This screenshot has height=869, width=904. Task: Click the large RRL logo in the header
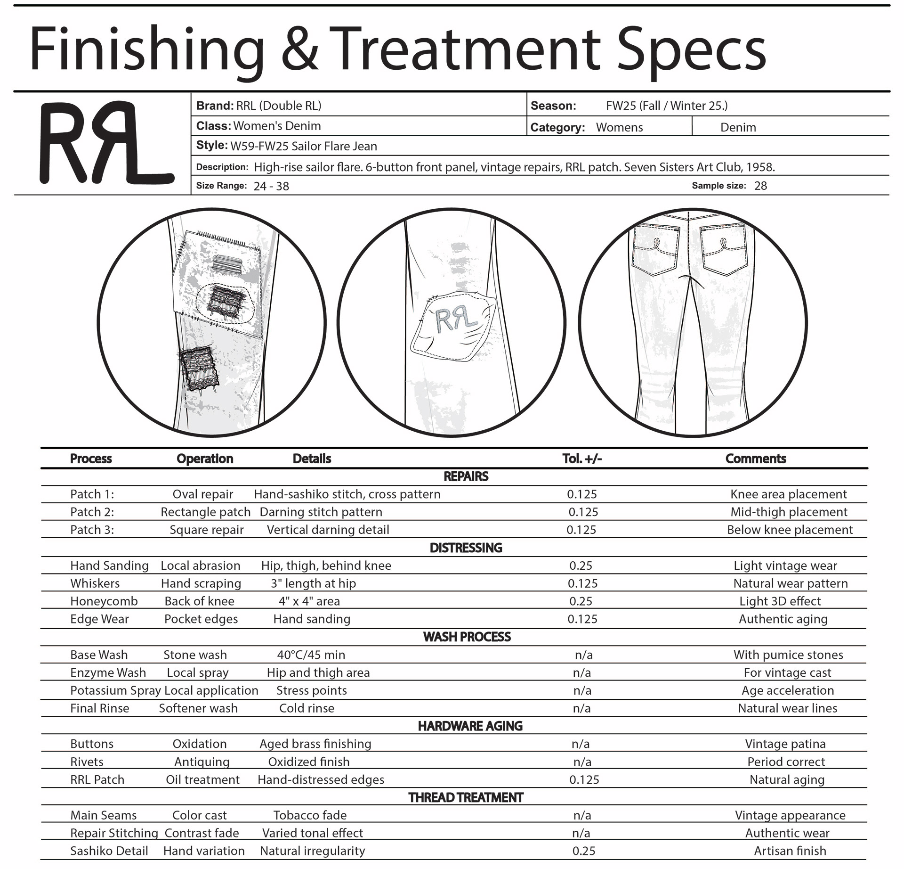106,143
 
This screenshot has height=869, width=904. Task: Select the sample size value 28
760,186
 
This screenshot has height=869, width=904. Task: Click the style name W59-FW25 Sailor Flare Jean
303,146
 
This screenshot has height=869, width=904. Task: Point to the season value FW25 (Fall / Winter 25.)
666,106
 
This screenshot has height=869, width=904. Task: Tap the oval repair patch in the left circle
226,303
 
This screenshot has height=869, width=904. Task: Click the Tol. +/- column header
582,459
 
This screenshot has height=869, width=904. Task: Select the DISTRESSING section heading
466,548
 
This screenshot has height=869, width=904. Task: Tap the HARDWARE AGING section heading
470,726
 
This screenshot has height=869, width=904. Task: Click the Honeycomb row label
104,601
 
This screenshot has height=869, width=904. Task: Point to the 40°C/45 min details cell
311,655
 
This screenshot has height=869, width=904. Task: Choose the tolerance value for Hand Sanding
581,566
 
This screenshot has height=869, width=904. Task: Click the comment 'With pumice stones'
788,655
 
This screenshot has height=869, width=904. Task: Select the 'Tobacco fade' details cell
310,815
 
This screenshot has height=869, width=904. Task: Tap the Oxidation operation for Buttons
200,744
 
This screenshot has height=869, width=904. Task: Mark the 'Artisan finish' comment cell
790,851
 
